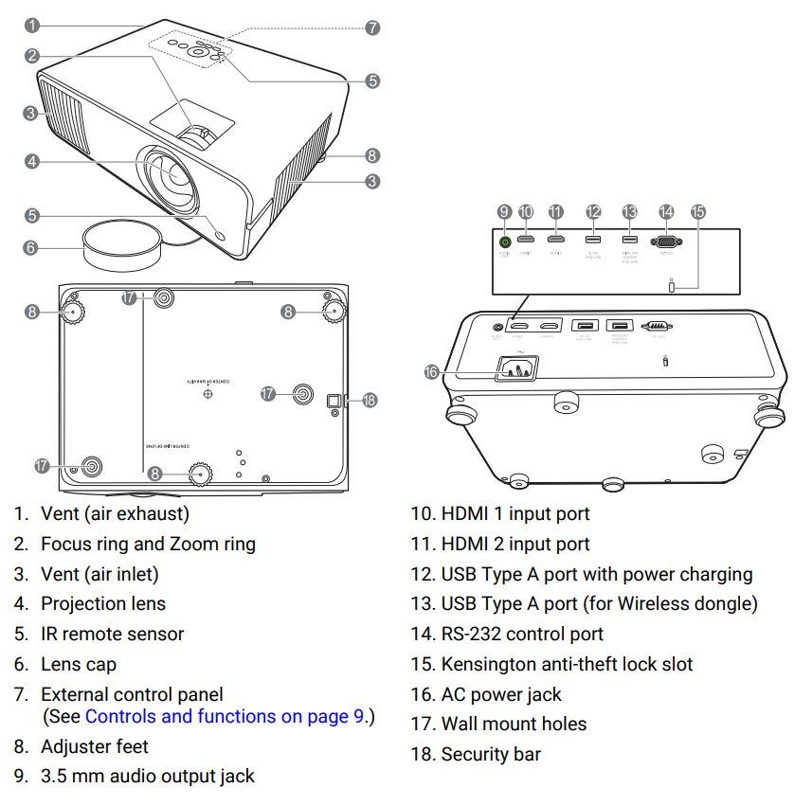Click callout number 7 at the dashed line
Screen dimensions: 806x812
click(372, 28)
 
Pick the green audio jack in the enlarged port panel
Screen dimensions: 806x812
click(504, 241)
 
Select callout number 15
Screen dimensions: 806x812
click(699, 212)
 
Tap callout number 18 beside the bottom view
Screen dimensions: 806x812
click(370, 401)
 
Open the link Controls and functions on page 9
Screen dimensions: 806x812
click(225, 716)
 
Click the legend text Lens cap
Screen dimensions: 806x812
click(79, 664)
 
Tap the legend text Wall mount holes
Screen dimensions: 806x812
click(514, 725)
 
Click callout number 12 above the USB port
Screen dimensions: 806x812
click(594, 212)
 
